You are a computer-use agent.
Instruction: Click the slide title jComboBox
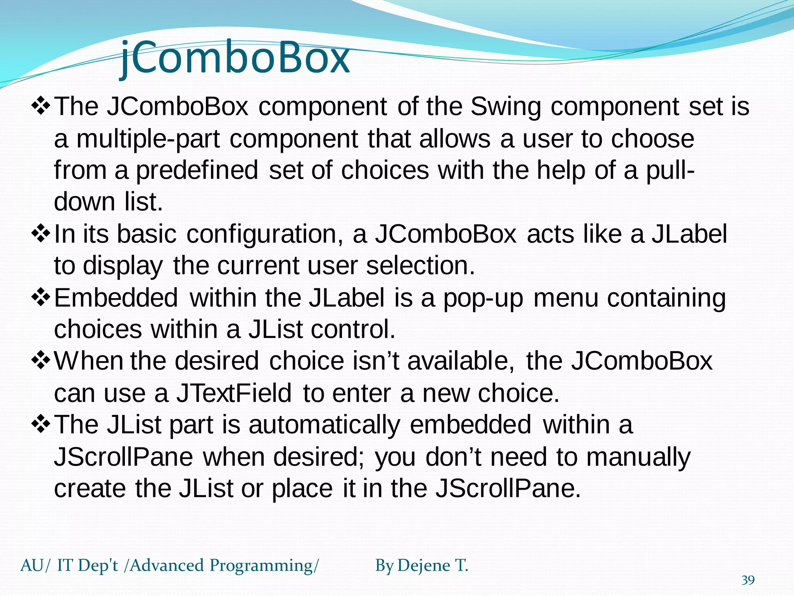235,58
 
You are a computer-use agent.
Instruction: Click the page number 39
748,580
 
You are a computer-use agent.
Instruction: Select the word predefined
197,170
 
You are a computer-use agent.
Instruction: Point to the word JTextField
234,393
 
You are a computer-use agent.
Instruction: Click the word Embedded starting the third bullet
116,298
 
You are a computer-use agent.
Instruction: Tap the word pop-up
483,298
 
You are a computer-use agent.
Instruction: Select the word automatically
324,424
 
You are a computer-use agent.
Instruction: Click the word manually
638,457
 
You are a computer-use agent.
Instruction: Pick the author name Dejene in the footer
424,565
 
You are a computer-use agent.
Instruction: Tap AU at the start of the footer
32,565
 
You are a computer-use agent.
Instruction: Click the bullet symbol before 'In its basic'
41,234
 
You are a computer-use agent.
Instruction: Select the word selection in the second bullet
420,266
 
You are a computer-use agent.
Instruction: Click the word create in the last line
90,488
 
